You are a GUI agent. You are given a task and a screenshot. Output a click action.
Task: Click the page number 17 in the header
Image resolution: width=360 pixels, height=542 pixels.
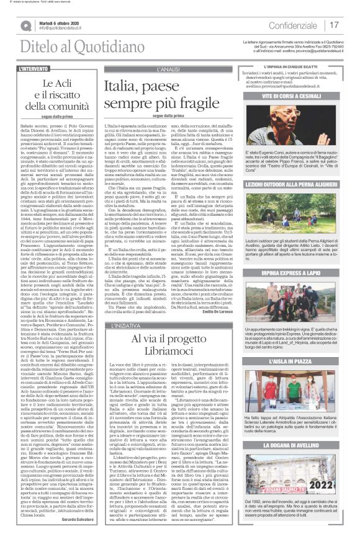coord(335,25)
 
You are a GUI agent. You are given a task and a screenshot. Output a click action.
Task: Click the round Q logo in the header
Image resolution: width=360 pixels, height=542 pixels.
coord(26,26)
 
